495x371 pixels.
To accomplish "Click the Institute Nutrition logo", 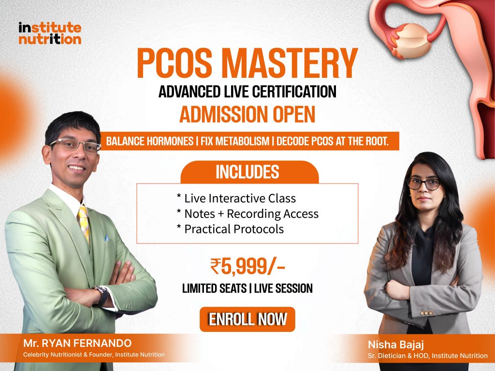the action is click(50, 33).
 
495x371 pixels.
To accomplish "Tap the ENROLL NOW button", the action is click(247, 319).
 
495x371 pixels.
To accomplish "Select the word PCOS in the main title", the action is click(174, 63).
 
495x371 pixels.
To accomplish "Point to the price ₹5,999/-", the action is click(247, 267).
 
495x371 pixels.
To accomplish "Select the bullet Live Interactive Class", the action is click(236, 199).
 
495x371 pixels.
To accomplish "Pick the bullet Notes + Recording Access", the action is click(247, 214).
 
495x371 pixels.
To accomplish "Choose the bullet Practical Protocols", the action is click(230, 229).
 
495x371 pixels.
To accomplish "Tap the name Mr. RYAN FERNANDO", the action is click(77, 343).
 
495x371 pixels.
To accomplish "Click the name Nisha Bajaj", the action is click(396, 344).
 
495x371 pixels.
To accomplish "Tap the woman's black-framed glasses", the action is click(423, 184).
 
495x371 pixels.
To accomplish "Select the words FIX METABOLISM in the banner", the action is click(235, 141).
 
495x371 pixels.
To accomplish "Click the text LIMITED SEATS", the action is click(214, 288).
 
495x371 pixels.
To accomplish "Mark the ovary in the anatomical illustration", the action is click(413, 41).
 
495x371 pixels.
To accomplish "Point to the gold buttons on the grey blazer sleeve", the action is click(426, 313).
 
